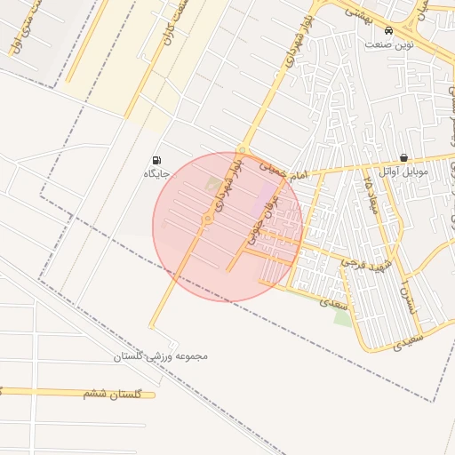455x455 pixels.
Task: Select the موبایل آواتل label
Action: click(403, 171)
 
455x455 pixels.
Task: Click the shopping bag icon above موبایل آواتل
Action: click(403, 157)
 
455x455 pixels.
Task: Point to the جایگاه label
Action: click(156, 173)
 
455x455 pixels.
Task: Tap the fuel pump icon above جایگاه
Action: click(157, 160)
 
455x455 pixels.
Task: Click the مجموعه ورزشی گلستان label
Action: click(160, 356)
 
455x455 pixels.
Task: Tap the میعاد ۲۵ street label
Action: click(374, 195)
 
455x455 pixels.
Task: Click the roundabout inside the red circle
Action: click(207, 219)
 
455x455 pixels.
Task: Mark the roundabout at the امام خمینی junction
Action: click(242, 149)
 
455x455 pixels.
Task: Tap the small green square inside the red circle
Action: click(214, 186)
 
